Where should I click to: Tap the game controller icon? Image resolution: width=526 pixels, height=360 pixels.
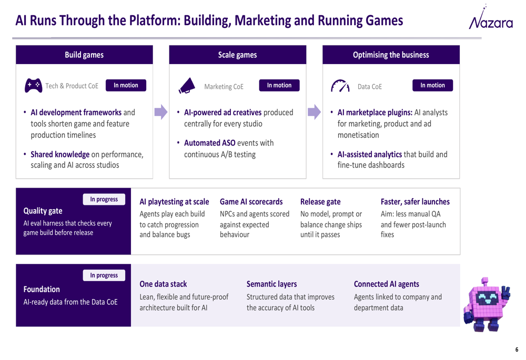click(33, 86)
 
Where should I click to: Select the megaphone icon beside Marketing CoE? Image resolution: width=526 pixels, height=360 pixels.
click(187, 86)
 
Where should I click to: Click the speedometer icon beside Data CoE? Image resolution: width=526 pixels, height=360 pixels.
click(340, 86)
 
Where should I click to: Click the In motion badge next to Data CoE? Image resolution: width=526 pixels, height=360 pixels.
click(432, 85)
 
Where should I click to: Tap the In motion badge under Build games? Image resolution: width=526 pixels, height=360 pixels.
click(126, 85)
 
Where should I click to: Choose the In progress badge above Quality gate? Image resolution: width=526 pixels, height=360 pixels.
click(104, 199)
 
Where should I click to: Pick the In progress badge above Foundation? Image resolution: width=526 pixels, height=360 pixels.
click(104, 275)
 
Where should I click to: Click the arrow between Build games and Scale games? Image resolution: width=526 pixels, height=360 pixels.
click(161, 112)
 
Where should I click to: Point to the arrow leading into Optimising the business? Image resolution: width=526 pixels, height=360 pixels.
click(315, 112)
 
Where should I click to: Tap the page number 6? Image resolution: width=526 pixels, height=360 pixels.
click(517, 349)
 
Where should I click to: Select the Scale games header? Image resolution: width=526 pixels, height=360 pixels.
click(238, 55)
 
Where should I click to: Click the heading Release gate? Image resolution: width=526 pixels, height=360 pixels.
click(320, 202)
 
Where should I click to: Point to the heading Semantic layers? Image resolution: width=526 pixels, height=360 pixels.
click(272, 284)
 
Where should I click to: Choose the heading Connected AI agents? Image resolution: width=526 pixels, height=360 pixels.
click(387, 284)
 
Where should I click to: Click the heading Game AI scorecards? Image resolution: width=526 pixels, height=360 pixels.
click(251, 202)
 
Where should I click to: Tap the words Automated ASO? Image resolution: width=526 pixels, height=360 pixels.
click(210, 143)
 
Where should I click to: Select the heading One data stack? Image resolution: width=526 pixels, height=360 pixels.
click(163, 284)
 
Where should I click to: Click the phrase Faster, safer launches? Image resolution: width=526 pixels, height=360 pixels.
click(415, 202)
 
